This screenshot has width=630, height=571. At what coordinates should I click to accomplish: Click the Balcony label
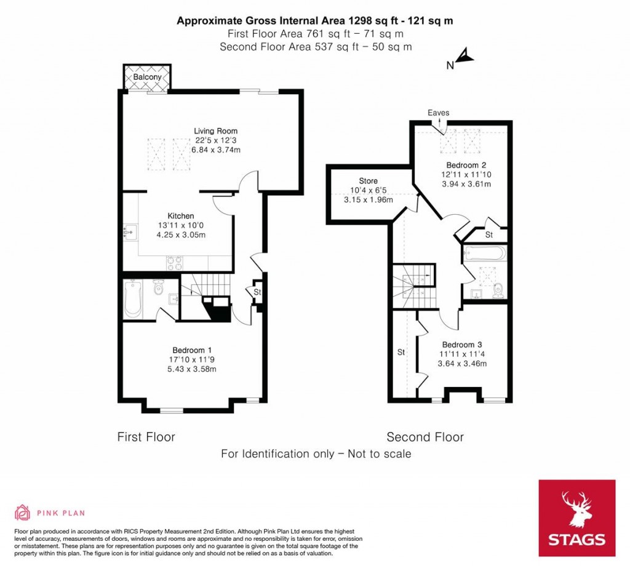(148, 78)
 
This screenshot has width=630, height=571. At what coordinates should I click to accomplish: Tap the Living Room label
(215, 131)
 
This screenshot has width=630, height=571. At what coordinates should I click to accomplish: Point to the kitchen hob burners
(174, 262)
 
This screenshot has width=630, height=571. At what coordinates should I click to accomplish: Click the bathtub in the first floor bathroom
(133, 299)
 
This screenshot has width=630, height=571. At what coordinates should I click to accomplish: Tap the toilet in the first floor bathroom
(159, 287)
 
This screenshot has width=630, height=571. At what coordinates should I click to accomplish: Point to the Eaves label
(439, 113)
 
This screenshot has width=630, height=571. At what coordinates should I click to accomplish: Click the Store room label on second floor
(368, 181)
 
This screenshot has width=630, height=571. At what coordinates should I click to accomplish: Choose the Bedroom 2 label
(462, 166)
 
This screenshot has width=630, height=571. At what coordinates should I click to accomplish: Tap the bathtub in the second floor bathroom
(485, 254)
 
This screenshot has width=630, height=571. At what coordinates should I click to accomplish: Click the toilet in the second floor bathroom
(498, 289)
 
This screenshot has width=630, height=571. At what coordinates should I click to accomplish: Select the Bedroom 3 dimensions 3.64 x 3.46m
(462, 364)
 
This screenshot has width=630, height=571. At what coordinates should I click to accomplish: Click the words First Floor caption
(146, 437)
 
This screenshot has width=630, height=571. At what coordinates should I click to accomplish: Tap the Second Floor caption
(425, 437)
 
